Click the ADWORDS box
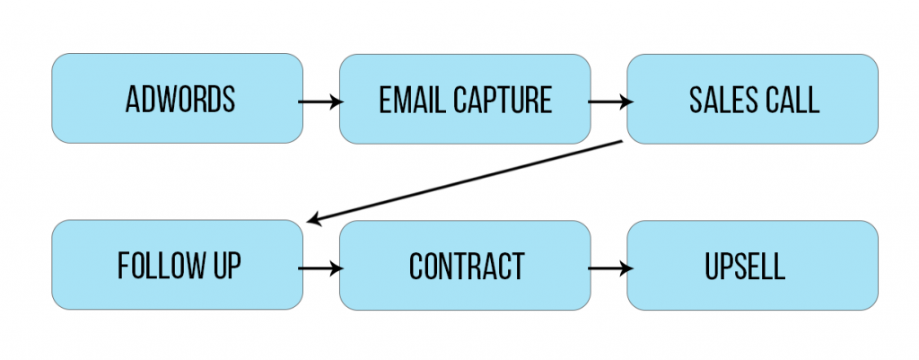tap(177, 99)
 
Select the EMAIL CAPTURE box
tap(464, 99)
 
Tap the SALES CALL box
tap(752, 99)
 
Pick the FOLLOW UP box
tap(177, 266)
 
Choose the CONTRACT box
tap(464, 266)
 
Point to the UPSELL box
tap(752, 266)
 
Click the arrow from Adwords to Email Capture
tap(320, 101)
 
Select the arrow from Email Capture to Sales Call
tap(608, 101)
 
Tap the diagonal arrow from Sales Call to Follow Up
tap(464, 181)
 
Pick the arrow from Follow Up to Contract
tap(320, 268)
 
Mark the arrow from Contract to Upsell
tap(608, 268)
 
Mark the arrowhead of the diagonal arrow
tap(312, 220)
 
